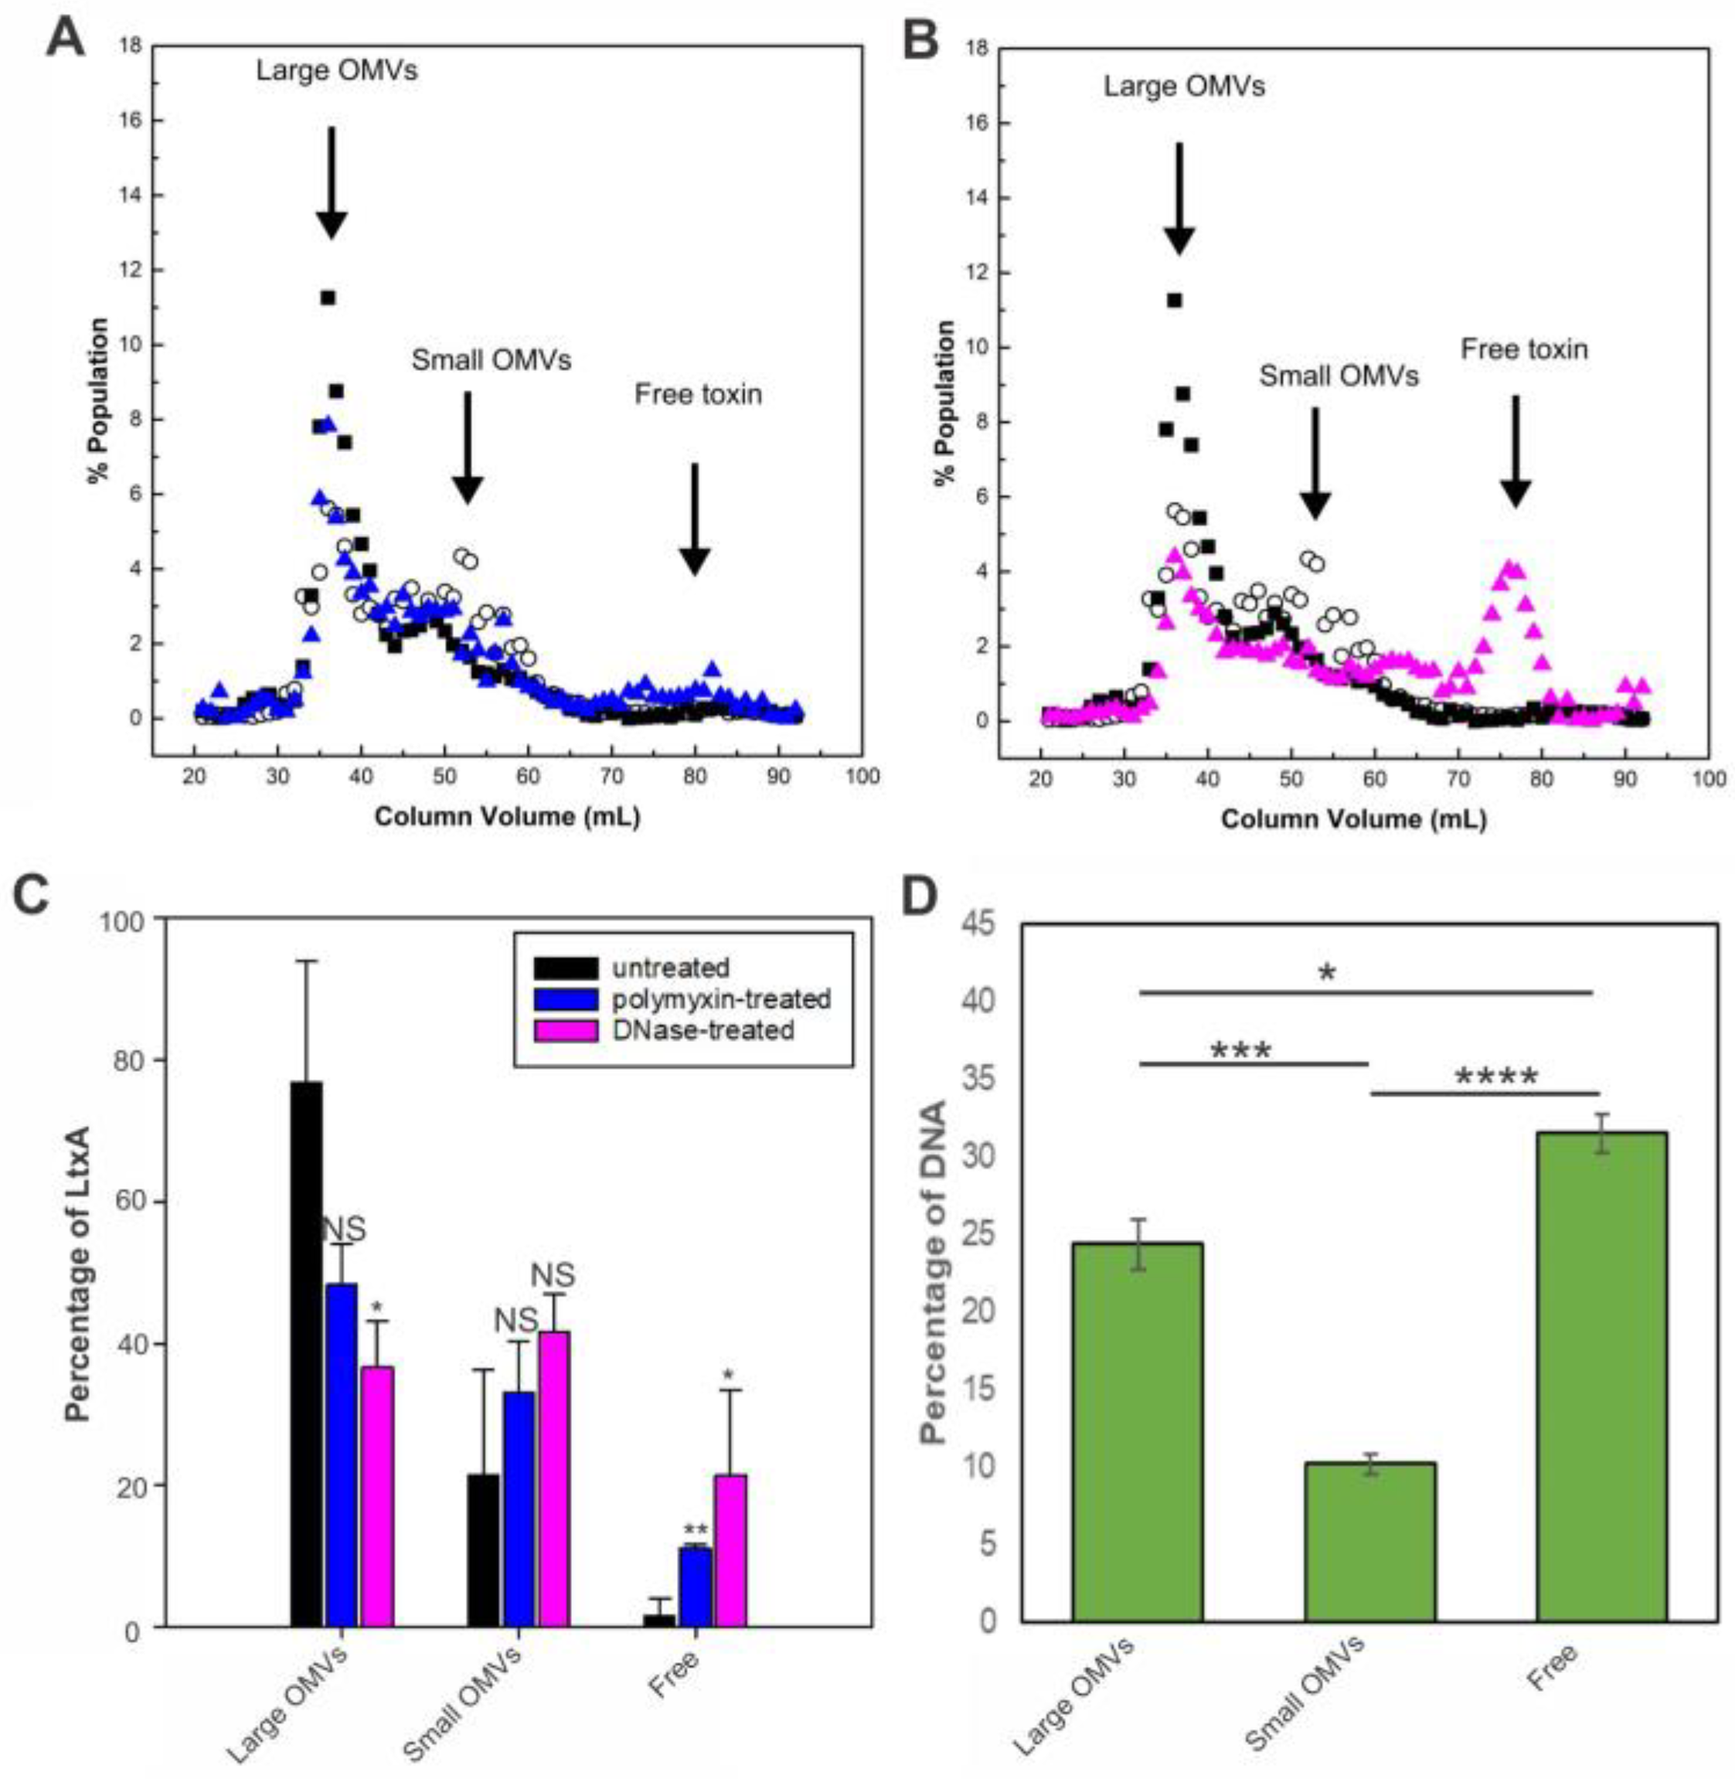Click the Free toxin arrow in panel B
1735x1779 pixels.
click(x=1516, y=451)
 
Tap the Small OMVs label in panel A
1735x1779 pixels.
click(x=492, y=360)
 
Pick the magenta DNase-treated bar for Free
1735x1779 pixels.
click(x=731, y=1549)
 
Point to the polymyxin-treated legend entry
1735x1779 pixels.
click(x=720, y=999)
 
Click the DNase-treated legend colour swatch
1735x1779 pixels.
click(x=566, y=1031)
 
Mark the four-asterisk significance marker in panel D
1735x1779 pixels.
click(x=1496, y=1078)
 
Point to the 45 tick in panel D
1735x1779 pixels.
click(x=977, y=925)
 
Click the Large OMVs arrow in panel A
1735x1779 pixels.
click(x=332, y=182)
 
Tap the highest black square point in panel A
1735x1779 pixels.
click(x=327, y=297)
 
